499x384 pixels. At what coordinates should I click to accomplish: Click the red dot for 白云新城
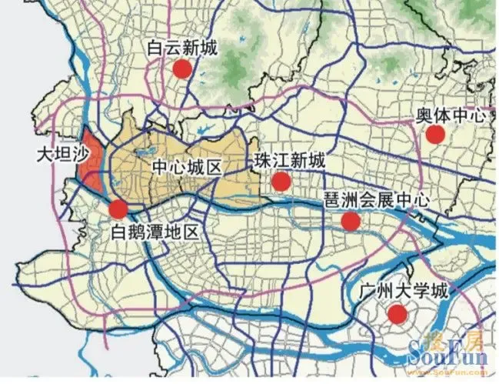click(x=181, y=69)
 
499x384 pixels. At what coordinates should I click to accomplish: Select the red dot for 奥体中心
click(x=435, y=135)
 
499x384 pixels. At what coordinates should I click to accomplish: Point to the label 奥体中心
click(x=451, y=115)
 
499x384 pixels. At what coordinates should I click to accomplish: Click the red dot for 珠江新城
click(x=281, y=182)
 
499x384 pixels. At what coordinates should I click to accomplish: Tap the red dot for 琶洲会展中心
click(x=351, y=222)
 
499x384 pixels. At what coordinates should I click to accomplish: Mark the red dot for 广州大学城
click(x=397, y=313)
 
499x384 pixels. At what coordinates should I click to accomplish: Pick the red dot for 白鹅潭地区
click(x=118, y=209)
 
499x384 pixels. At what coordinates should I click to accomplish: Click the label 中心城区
click(x=187, y=167)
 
